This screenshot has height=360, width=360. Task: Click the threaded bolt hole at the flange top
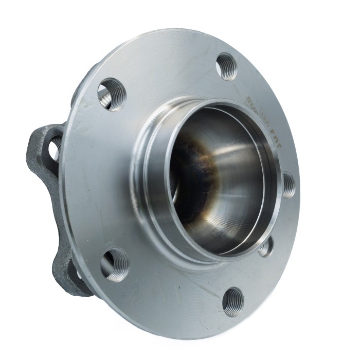pyautogui.click(x=226, y=66)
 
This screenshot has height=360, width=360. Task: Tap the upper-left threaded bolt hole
pyautogui.click(x=111, y=94)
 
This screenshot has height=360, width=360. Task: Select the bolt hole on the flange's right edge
pyautogui.click(x=289, y=185)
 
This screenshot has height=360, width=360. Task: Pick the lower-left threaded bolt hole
pyautogui.click(x=114, y=264)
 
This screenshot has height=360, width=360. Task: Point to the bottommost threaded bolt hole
pyautogui.click(x=233, y=301)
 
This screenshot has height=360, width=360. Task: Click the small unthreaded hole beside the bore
pyautogui.click(x=265, y=247)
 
